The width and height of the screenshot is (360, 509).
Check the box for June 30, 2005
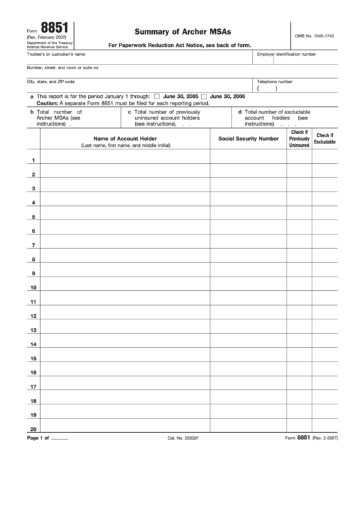point(158,97)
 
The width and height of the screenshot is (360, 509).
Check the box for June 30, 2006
point(204,97)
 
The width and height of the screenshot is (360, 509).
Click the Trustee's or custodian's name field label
point(56,54)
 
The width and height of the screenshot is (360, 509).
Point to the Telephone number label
point(274,81)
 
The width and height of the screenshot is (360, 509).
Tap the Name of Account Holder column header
point(125,138)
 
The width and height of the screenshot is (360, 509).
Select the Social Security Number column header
point(248,138)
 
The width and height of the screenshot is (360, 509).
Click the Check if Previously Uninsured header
point(299,139)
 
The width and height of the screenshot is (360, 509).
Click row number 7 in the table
point(33,245)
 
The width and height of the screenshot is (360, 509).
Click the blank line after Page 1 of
point(60,438)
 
